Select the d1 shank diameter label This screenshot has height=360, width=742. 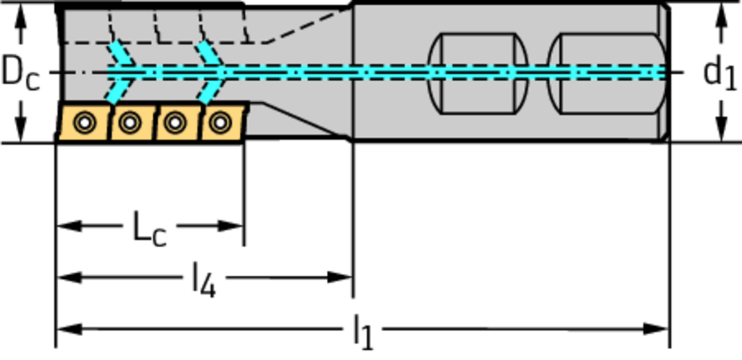719,72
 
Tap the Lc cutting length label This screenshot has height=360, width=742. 149,227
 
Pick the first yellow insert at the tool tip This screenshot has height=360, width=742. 83,124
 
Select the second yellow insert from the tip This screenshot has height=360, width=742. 130,124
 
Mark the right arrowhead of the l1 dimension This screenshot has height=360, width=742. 659,330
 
